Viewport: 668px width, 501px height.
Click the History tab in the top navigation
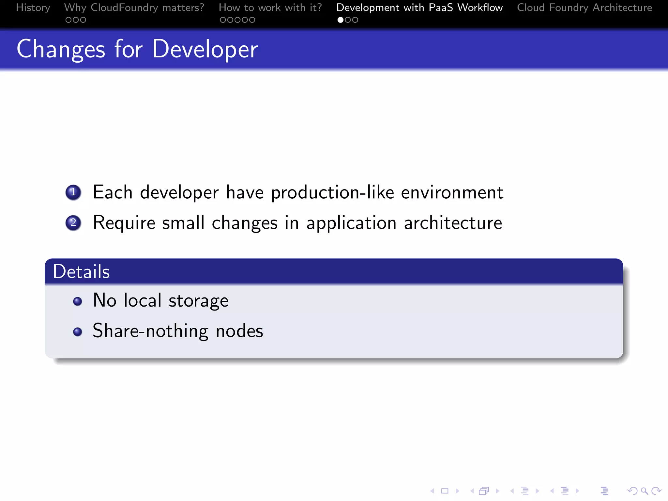point(33,8)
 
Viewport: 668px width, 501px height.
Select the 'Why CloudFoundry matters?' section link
point(134,8)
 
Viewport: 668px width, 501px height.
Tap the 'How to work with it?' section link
point(270,8)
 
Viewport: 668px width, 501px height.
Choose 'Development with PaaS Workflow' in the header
point(419,8)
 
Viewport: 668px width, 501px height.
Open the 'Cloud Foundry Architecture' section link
point(584,8)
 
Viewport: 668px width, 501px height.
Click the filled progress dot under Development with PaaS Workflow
point(340,20)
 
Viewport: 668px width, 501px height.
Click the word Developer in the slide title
point(205,49)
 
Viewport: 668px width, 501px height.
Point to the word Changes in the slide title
point(61,49)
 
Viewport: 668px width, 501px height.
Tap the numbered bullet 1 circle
point(73,192)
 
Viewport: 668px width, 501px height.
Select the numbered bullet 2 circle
point(73,223)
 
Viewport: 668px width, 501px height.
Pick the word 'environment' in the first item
point(452,192)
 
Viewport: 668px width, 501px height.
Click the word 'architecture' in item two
point(453,223)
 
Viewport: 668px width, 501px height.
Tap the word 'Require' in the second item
point(124,223)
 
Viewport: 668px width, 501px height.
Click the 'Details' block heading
point(81,271)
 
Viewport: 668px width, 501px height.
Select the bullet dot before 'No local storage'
point(78,301)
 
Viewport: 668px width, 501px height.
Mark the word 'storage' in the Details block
point(198,300)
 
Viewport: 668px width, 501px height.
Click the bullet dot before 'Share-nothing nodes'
point(78,332)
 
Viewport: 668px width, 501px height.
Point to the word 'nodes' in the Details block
point(239,331)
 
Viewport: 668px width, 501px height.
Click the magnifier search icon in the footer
point(644,491)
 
